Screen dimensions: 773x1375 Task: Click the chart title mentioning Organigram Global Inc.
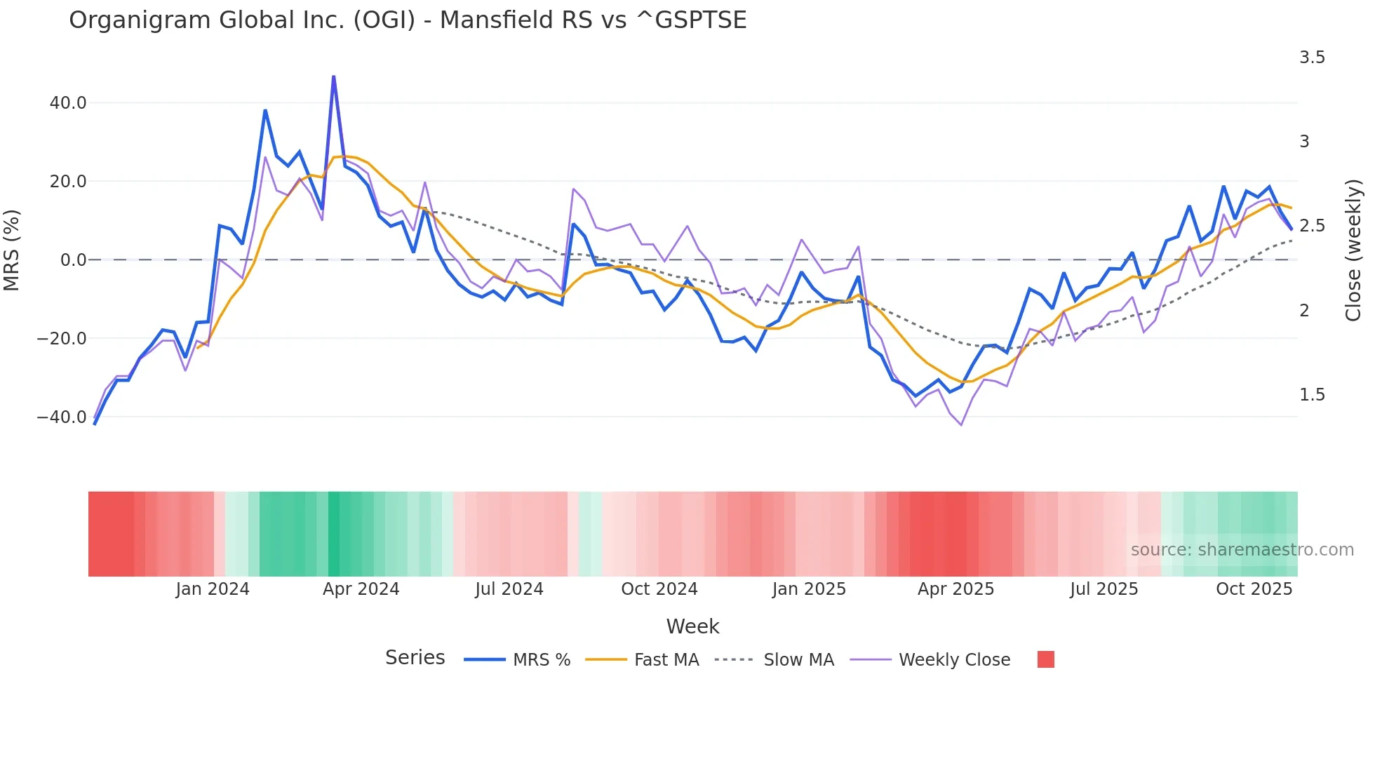tap(408, 20)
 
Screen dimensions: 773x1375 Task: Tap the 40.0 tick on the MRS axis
tap(68, 103)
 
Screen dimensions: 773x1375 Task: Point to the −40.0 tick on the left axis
tap(62, 417)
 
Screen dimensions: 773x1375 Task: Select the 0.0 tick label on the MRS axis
tap(73, 260)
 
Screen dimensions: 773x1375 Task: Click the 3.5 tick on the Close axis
tap(1312, 58)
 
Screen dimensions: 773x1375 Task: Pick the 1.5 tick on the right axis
tap(1312, 395)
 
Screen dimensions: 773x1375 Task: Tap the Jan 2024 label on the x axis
tap(213, 589)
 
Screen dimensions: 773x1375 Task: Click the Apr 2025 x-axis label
tap(955, 589)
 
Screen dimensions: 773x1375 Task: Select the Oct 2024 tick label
tap(659, 589)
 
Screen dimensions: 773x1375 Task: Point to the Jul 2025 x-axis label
tap(1104, 589)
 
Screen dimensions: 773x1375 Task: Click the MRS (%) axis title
tap(12, 250)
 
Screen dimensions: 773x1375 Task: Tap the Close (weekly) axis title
tap(1353, 250)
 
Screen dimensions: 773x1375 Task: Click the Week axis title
tap(692, 626)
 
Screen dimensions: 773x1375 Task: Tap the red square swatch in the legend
tap(1046, 659)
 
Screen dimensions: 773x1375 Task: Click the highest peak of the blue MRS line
tap(333, 76)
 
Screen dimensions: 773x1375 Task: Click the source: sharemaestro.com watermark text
tap(1242, 550)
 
